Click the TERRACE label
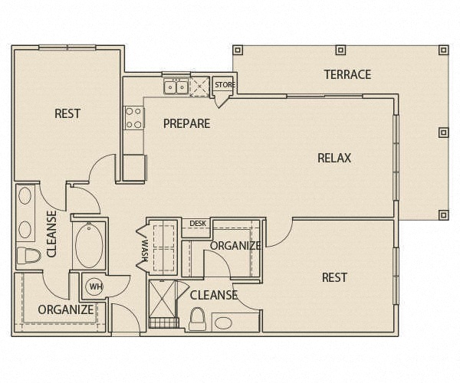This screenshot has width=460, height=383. [347, 74]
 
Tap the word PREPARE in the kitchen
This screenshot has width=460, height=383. [186, 123]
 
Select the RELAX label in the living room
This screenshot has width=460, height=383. [334, 158]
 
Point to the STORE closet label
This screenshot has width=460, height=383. [225, 84]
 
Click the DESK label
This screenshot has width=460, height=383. [199, 224]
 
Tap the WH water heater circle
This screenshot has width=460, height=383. [95, 286]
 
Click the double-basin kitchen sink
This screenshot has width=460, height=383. [175, 87]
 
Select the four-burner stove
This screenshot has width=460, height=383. [134, 117]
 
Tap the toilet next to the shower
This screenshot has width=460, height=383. [197, 318]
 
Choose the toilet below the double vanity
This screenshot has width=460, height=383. [28, 255]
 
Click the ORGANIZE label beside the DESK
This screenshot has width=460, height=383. [235, 246]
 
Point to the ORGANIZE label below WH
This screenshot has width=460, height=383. [65, 310]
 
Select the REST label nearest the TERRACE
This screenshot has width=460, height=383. [334, 277]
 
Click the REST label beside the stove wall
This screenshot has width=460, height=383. [67, 114]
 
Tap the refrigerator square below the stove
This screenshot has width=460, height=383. [134, 167]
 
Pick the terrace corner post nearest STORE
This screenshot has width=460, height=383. [238, 50]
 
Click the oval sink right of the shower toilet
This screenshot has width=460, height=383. [225, 322]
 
